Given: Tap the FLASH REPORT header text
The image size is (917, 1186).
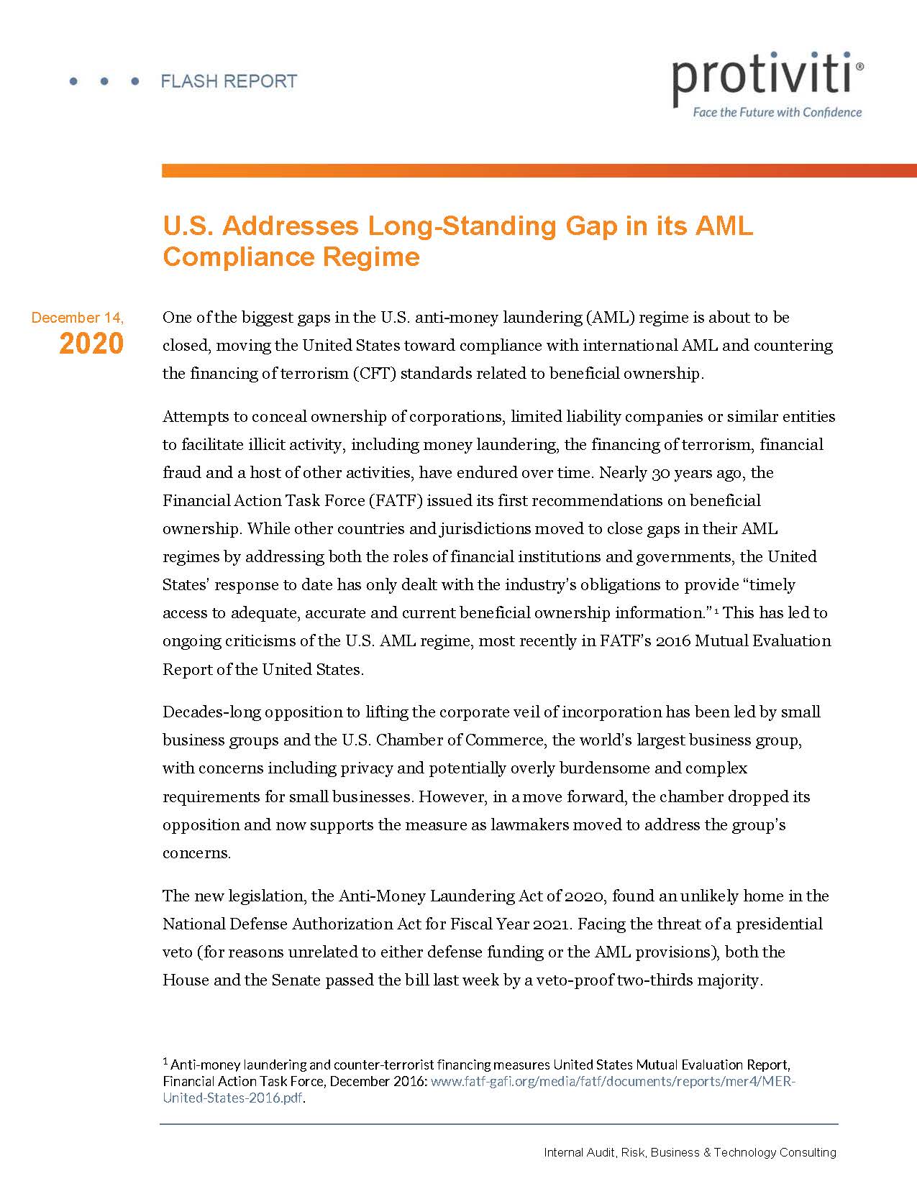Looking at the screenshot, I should click(x=229, y=81).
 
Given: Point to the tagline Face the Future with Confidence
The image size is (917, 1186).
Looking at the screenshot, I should click(x=777, y=112).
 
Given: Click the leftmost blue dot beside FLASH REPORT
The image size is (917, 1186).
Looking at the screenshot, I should click(x=73, y=82).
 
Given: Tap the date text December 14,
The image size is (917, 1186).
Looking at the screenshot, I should click(x=78, y=318).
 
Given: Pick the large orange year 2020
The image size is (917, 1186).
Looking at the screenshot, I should click(x=91, y=344).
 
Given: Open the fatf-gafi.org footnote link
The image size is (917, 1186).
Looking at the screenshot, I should click(x=612, y=1082).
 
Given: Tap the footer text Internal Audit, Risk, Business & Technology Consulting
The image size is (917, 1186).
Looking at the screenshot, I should click(x=690, y=1152).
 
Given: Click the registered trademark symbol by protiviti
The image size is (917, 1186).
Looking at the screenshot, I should click(x=861, y=65).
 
